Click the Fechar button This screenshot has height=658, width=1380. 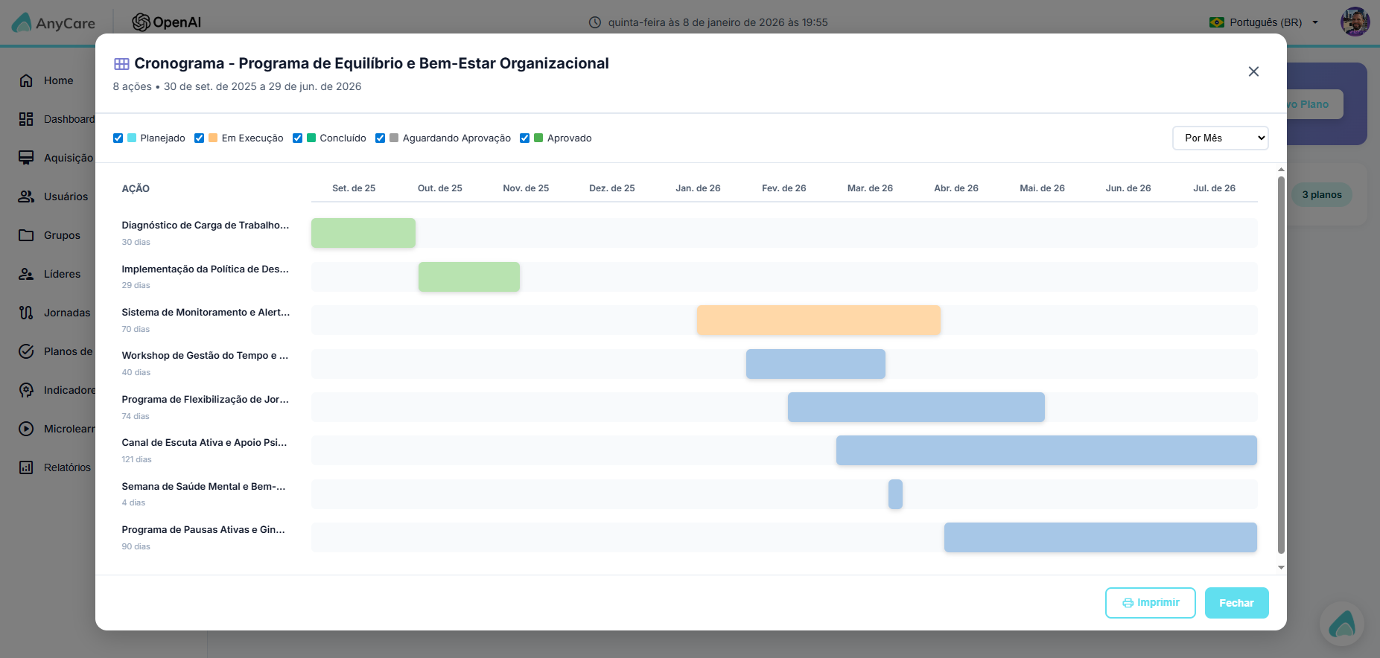(1236, 603)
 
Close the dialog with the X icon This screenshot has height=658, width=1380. (1253, 71)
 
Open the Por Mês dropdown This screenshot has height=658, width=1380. (1220, 138)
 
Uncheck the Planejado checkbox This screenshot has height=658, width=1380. (118, 138)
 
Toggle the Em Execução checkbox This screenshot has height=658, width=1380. (199, 138)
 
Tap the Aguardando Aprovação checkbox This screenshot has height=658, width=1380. (380, 138)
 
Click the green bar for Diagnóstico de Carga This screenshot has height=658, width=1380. (363, 233)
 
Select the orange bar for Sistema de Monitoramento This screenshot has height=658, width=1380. (818, 320)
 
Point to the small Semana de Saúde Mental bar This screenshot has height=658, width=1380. (895, 494)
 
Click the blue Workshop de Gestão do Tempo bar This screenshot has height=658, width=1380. (815, 364)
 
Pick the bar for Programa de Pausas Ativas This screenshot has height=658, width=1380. (1101, 537)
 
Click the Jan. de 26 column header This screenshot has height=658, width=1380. (698, 188)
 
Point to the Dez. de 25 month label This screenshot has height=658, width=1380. (612, 188)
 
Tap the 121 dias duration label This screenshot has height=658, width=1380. (136, 459)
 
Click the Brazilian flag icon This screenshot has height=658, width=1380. (1217, 22)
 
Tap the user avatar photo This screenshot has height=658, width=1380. (1355, 22)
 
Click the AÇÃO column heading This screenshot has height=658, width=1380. (136, 188)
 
